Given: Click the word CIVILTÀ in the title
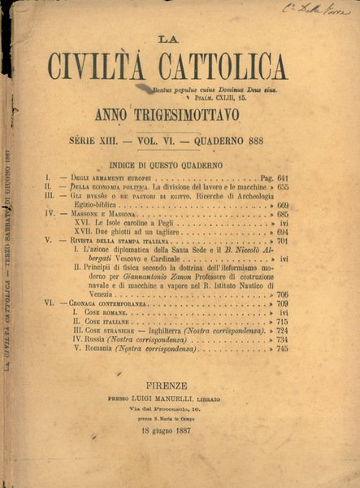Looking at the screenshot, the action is click(106, 67).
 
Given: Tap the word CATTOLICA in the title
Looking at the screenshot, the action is click(224, 67).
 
